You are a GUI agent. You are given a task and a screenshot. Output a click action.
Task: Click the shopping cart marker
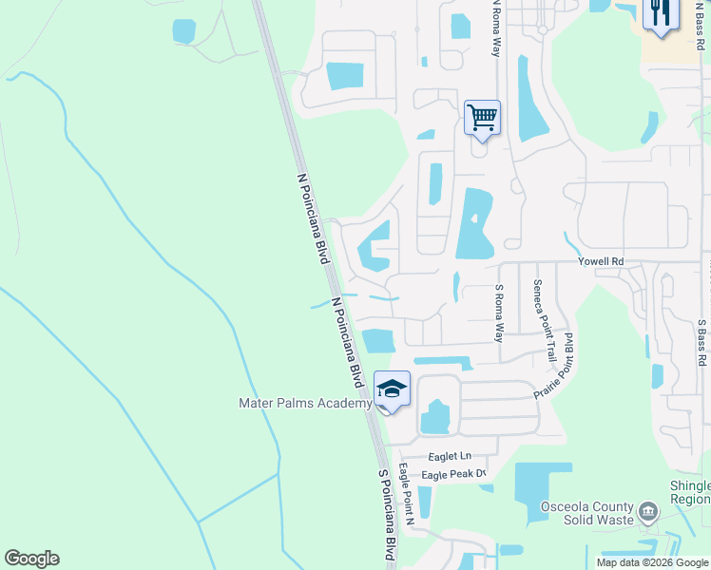point(482,118)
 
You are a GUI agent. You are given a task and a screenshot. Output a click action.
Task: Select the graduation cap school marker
point(392,389)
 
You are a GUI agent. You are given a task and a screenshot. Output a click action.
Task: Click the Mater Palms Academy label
point(305,404)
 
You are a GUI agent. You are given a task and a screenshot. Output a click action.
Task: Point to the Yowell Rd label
point(601,261)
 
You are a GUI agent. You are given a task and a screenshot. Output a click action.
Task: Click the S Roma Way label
point(498,313)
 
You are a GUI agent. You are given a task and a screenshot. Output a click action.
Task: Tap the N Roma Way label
point(495,28)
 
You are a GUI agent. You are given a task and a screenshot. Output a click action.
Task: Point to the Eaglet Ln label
point(451,457)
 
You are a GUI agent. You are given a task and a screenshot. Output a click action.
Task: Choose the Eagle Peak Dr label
point(454,474)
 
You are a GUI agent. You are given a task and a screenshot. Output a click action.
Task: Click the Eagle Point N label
point(407,495)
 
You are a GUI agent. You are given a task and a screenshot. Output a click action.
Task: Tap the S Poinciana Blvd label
point(386,513)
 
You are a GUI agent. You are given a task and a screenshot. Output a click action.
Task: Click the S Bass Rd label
point(701,343)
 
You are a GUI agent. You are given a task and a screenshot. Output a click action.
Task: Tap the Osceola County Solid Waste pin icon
point(649,513)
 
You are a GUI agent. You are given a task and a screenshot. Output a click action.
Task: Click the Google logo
point(31,559)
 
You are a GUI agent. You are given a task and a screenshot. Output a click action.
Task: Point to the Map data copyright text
point(652,562)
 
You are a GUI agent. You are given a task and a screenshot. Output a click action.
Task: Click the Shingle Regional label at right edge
point(690,492)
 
